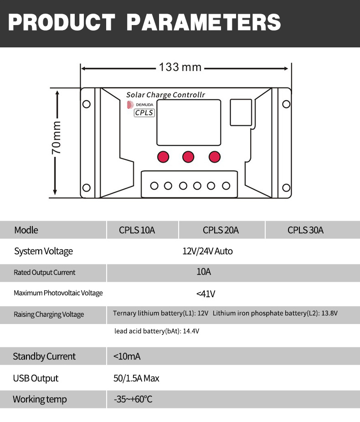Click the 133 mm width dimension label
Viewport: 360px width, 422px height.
tap(180, 67)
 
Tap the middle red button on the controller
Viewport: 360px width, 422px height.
tap(188, 157)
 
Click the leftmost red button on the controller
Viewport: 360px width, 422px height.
tap(163, 157)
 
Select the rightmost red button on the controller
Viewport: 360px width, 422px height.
tap(215, 157)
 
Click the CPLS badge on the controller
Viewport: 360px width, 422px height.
tap(144, 113)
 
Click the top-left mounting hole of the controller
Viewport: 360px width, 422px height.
tap(86, 104)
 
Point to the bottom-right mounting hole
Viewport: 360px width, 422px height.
tap(286, 188)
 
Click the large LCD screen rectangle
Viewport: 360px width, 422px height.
tap(189, 122)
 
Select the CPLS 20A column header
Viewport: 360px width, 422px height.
tap(221, 230)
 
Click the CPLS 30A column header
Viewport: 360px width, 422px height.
tap(305, 230)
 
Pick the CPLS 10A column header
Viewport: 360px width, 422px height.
tap(137, 230)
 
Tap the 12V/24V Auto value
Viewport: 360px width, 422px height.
tap(207, 251)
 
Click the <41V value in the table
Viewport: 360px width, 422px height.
tap(206, 293)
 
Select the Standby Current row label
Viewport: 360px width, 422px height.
tap(44, 356)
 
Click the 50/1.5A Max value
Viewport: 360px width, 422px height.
tap(136, 378)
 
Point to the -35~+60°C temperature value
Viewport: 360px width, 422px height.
tap(133, 400)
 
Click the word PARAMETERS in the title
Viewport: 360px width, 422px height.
tap(203, 22)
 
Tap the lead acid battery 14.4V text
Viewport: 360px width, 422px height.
tap(157, 331)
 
